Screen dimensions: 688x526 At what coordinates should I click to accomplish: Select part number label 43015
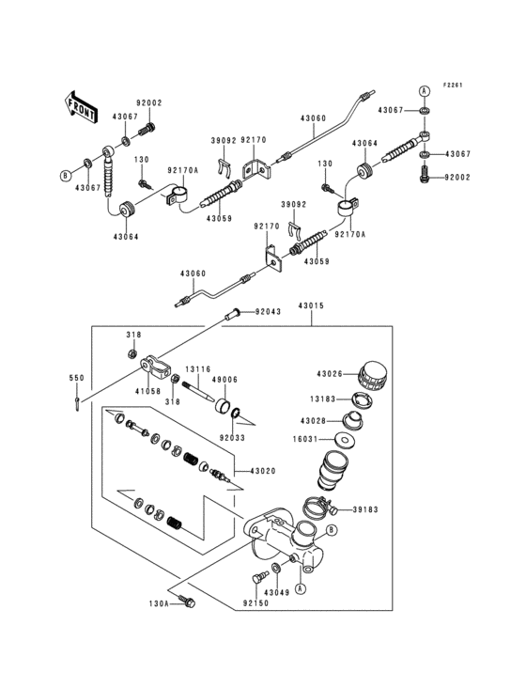click(312, 305)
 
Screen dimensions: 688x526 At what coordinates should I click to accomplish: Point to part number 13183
click(315, 398)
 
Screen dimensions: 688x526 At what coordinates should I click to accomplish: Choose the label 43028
click(315, 419)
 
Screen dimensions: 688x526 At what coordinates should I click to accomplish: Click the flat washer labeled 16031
click(349, 440)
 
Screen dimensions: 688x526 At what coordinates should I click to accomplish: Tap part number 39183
click(365, 510)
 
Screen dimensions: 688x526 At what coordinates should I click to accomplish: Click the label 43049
click(275, 592)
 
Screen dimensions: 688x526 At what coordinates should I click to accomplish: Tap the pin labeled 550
click(74, 405)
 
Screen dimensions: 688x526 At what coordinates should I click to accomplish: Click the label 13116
click(197, 368)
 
